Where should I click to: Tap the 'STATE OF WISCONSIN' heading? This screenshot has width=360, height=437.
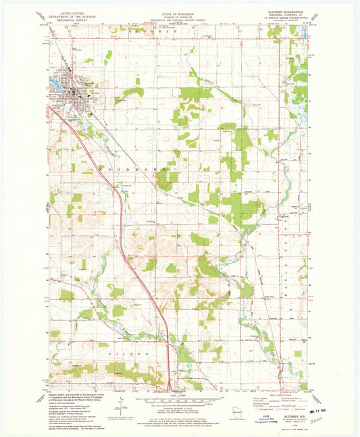click(179, 13)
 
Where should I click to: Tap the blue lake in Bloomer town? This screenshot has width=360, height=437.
click(56, 86)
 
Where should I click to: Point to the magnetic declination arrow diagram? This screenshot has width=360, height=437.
click(122, 406)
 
